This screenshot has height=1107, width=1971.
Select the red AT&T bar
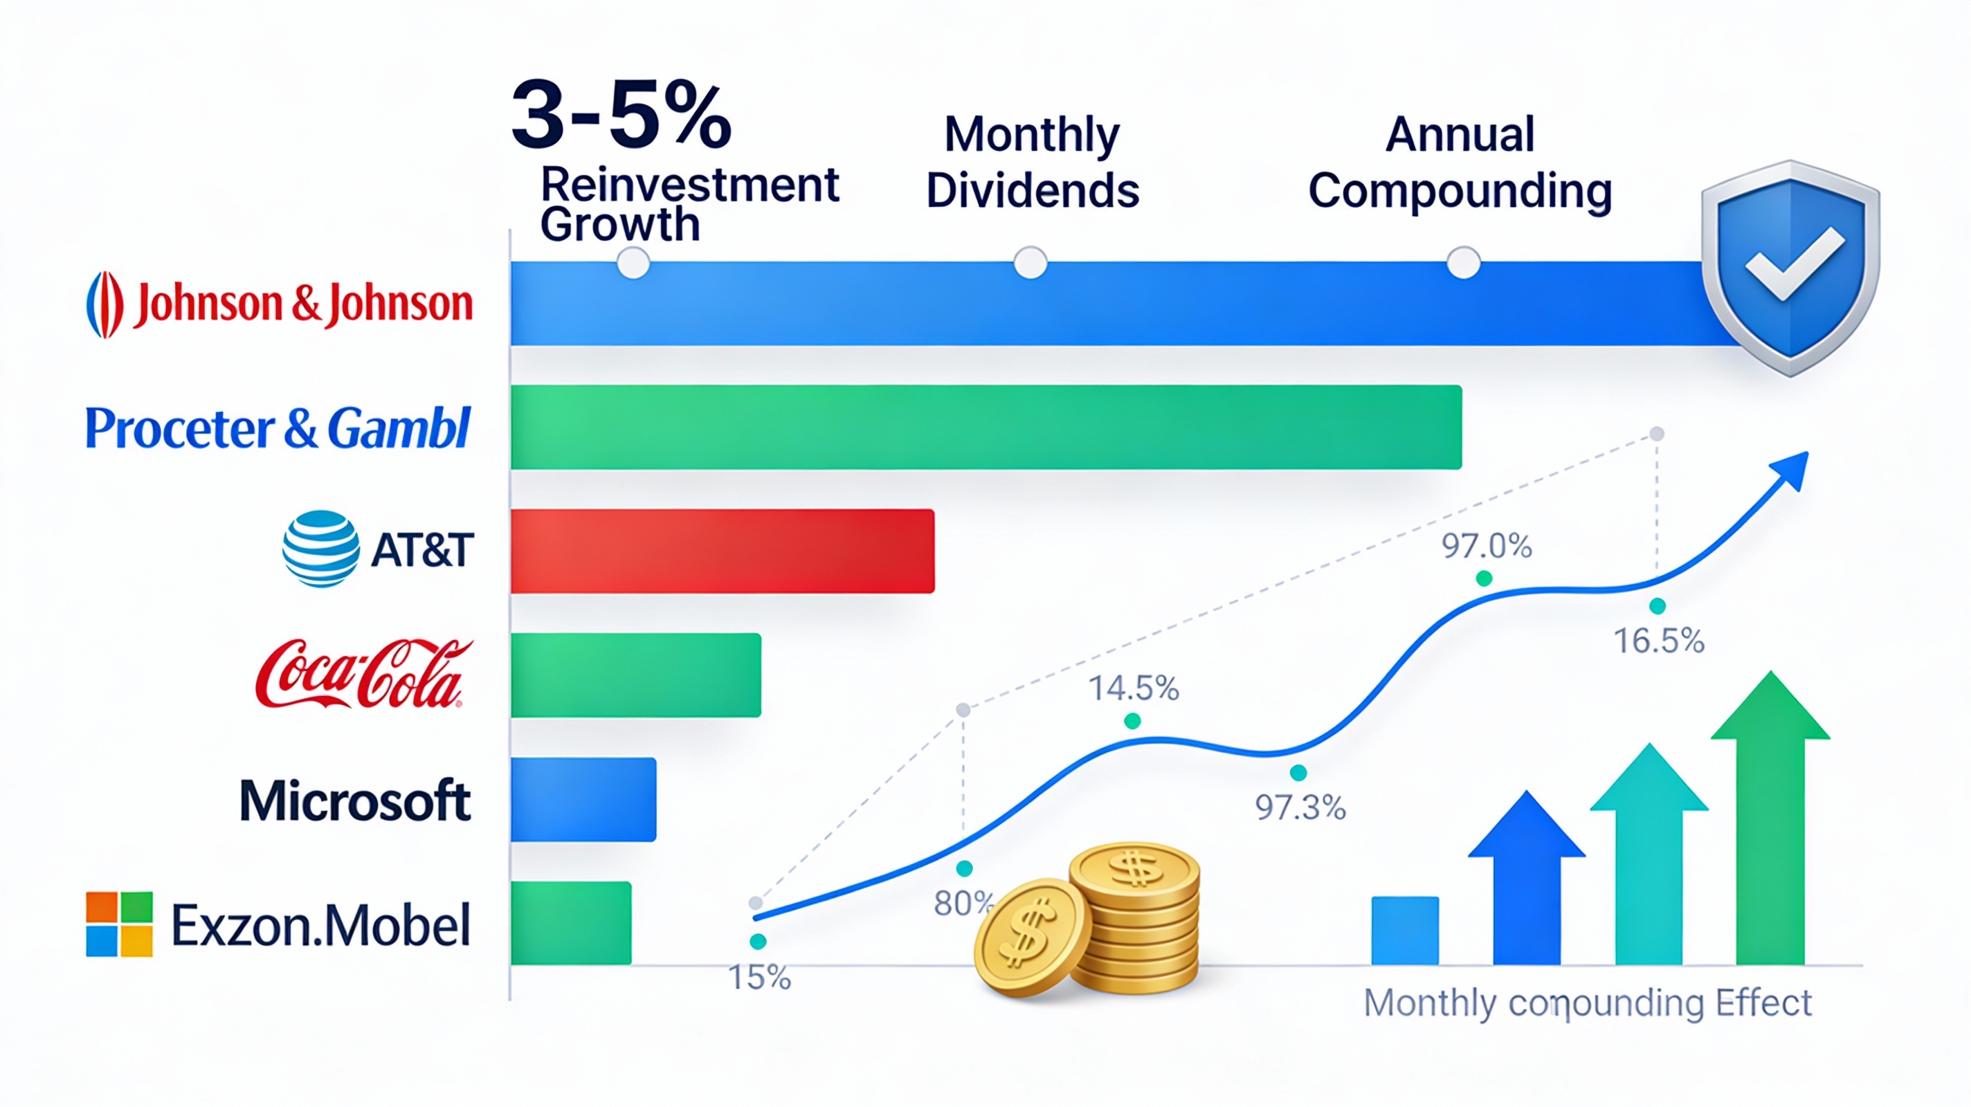[x=723, y=551]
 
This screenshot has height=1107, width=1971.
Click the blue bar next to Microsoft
[x=583, y=799]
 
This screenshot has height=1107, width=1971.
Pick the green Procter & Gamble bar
[x=985, y=427]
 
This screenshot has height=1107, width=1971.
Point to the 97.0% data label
[x=1486, y=546]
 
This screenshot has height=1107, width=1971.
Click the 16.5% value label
[x=1659, y=641]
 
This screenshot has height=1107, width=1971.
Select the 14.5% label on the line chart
[x=1133, y=688]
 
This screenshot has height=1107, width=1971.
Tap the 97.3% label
[x=1300, y=808]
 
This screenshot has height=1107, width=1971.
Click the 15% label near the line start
[x=759, y=978]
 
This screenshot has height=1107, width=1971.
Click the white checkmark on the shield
[x=1792, y=264]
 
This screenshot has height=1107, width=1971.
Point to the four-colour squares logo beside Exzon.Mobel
[x=119, y=924]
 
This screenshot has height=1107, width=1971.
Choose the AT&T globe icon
[x=320, y=549]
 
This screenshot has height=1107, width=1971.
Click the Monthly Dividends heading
[x=1032, y=162]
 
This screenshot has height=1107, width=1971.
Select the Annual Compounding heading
[x=1460, y=162]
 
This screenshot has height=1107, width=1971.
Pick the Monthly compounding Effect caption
[x=1588, y=1003]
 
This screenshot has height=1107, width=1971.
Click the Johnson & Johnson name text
[x=304, y=304]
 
